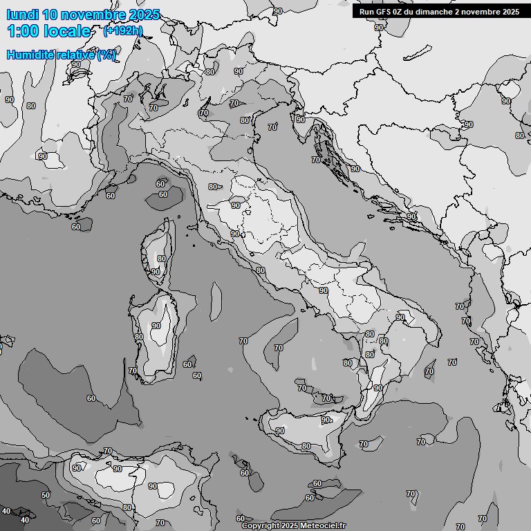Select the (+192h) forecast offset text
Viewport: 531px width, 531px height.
tap(122, 30)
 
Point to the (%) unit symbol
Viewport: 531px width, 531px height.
tap(106, 55)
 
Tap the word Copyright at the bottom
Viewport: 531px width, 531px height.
tap(260, 525)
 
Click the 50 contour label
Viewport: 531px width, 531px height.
tap(46, 495)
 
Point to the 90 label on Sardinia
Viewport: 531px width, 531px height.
tap(156, 326)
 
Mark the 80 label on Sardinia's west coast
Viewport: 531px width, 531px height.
tap(139, 337)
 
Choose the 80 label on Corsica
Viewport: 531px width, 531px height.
tap(161, 259)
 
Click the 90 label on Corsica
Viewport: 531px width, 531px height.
tap(156, 272)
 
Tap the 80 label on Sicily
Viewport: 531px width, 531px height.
tap(306, 447)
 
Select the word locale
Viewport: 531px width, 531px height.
tap(67, 31)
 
